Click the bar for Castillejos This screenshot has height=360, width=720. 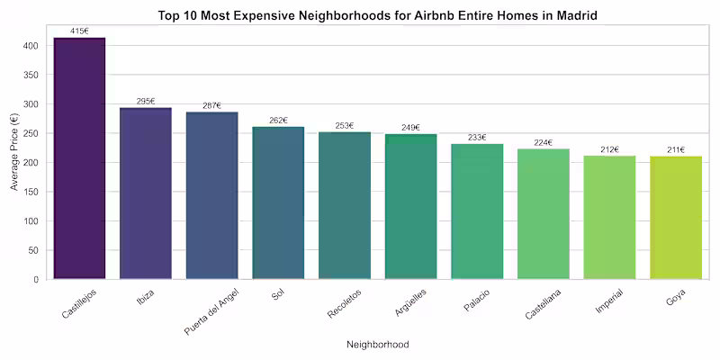pos(79,158)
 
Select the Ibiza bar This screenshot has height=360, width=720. pos(146,193)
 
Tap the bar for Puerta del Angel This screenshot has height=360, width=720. pos(212,195)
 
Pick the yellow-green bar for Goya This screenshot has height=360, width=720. pos(677,218)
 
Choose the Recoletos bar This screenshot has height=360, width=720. pos(345,205)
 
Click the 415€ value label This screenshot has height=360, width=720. pos(79,31)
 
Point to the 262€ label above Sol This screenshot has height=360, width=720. pos(278,121)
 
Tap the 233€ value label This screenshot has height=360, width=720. pos(477,138)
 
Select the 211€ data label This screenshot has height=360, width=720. pos(676,149)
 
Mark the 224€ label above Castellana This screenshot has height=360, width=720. pos(544,143)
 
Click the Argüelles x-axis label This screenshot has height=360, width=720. pos(410,302)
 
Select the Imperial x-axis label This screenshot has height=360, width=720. pos(609,301)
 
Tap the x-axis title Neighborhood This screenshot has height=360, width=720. pos(378,344)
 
